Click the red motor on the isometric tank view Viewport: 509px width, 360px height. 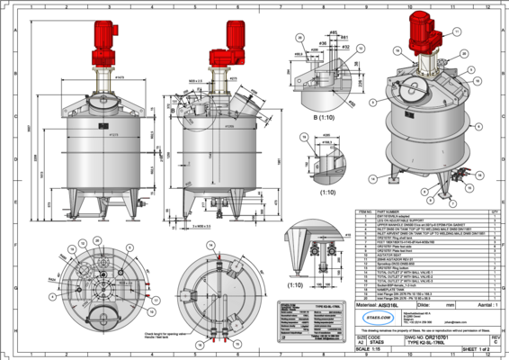click(420, 34)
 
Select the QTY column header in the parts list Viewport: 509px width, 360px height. click(493, 210)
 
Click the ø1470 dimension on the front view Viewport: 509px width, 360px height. click(119, 77)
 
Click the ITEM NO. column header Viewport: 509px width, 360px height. click(361, 210)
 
